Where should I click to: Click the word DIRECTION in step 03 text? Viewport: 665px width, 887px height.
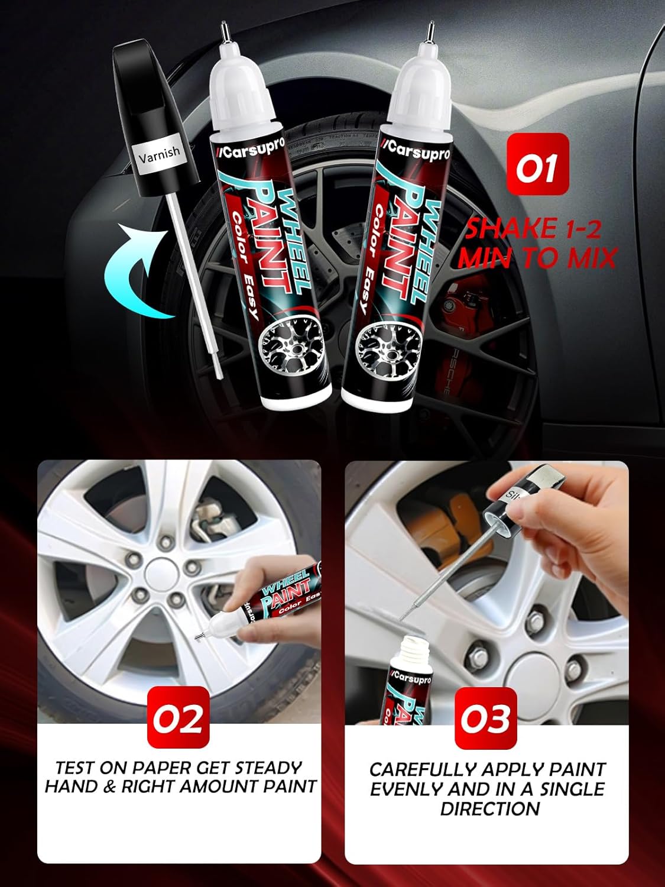(490, 808)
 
